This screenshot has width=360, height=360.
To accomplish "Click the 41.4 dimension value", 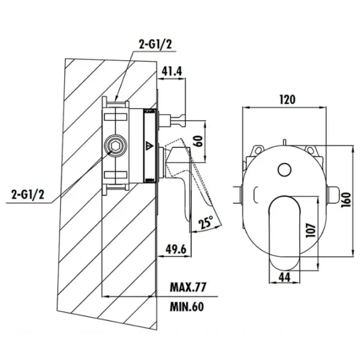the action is [172, 71].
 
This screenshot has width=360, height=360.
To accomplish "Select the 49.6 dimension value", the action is [176, 250].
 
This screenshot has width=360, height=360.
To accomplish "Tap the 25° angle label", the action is [206, 222].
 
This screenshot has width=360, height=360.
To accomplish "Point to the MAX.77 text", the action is [188, 287].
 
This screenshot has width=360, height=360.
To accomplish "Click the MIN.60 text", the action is [187, 307].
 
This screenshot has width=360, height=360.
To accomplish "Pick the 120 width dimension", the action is [287, 100].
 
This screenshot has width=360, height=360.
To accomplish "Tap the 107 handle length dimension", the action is [311, 230].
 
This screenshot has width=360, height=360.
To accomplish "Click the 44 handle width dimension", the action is [284, 277].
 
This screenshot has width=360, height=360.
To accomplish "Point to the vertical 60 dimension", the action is [199, 141].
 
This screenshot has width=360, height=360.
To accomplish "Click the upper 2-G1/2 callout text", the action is [155, 44].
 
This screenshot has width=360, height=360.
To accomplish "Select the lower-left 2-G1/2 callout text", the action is [28, 195].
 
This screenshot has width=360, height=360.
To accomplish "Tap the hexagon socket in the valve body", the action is [115, 146].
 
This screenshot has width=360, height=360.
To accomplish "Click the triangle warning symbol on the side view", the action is [149, 146].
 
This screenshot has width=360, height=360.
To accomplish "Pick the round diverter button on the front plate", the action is [284, 170].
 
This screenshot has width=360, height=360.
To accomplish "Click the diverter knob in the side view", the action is [172, 120].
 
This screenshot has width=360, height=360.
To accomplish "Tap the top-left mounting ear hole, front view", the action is [258, 151].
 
